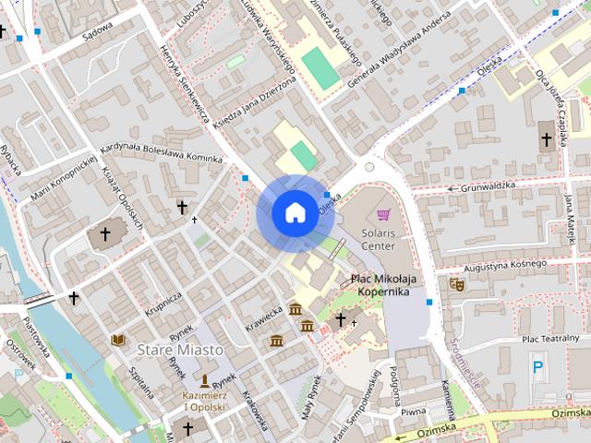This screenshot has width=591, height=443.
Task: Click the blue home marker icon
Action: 295,212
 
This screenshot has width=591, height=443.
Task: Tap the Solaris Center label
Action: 379,240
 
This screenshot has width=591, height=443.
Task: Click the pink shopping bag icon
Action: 383,215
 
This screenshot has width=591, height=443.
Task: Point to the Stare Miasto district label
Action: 180,350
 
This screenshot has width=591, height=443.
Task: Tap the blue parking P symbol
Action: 537,367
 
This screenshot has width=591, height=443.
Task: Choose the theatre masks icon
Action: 455,285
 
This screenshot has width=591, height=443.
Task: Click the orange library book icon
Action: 118,341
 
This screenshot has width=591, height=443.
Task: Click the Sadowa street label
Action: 97,28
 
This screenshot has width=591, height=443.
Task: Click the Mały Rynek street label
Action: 309,398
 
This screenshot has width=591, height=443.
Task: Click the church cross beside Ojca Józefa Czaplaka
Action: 546,140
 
